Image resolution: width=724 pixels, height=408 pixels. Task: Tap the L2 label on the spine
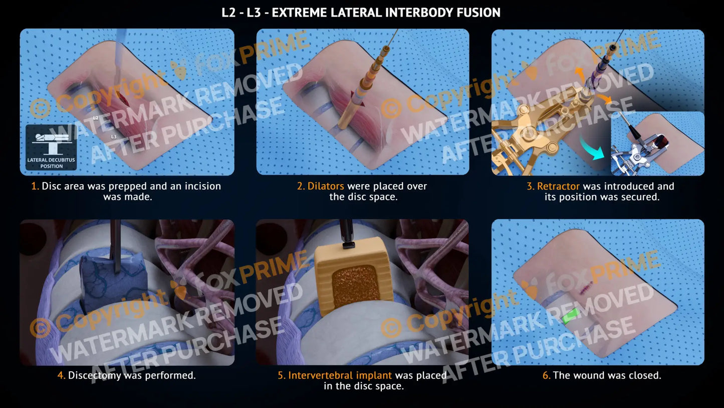96,118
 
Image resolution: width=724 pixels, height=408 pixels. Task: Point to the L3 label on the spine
114,137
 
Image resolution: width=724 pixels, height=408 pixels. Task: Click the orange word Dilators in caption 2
326,186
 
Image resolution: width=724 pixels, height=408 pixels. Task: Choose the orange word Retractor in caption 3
558,186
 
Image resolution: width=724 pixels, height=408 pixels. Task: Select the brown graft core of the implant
356,286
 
